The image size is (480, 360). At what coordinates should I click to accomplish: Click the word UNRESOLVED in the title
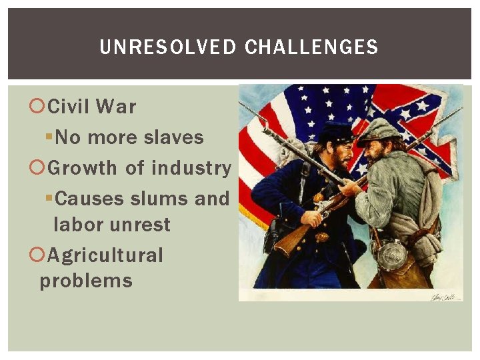click(167, 47)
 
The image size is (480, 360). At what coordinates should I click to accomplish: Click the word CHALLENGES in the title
click(311, 47)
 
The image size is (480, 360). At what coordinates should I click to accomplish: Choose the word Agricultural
click(105, 255)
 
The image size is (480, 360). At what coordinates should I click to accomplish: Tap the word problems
click(86, 281)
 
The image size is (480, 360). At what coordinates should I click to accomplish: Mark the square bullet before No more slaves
click(49, 138)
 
